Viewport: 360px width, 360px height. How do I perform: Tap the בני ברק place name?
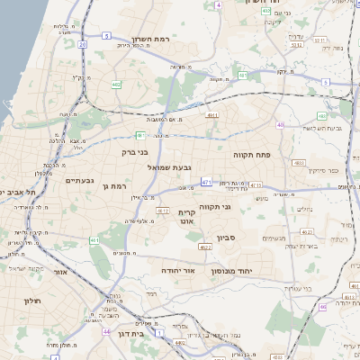(x=133, y=153)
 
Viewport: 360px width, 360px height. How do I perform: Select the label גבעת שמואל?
(x=191, y=167)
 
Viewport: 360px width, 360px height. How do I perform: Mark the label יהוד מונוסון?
(x=236, y=271)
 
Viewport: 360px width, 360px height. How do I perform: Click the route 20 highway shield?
(x=83, y=42)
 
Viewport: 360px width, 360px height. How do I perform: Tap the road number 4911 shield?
(x=212, y=115)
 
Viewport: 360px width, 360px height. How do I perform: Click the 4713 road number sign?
(x=256, y=185)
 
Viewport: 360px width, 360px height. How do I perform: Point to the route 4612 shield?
(x=162, y=210)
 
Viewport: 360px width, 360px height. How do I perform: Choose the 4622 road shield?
(x=205, y=247)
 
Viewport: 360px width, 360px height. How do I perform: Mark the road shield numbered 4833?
(x=299, y=163)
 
